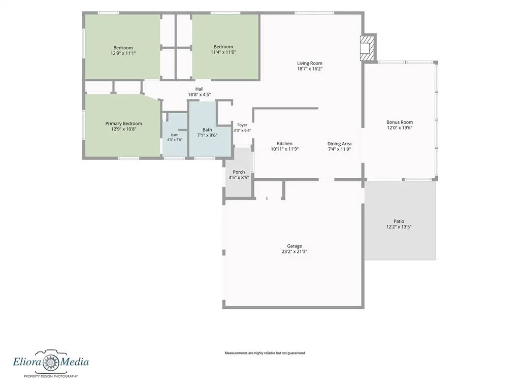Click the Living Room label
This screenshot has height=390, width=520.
[309, 63]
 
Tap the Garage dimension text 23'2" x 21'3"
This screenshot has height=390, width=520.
[294, 251]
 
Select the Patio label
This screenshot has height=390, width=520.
[399, 221]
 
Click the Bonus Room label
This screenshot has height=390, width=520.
[399, 122]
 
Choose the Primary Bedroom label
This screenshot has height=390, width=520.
[123, 123]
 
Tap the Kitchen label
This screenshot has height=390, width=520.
[284, 144]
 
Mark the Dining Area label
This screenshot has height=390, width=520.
[339, 144]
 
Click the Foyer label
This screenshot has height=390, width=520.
[242, 125]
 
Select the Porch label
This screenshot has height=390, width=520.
[239, 172]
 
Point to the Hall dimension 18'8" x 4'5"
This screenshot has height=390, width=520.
[199, 94]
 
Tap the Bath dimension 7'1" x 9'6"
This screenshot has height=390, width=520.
[207, 135]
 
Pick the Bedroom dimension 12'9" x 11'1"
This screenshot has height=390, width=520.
[123, 53]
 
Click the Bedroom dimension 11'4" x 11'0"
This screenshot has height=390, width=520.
[223, 52]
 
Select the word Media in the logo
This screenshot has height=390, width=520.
[75, 362]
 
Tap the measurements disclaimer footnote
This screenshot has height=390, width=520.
[265, 353]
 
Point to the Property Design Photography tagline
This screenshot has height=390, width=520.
[51, 376]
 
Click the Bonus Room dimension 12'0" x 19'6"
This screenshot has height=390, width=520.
[399, 127]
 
